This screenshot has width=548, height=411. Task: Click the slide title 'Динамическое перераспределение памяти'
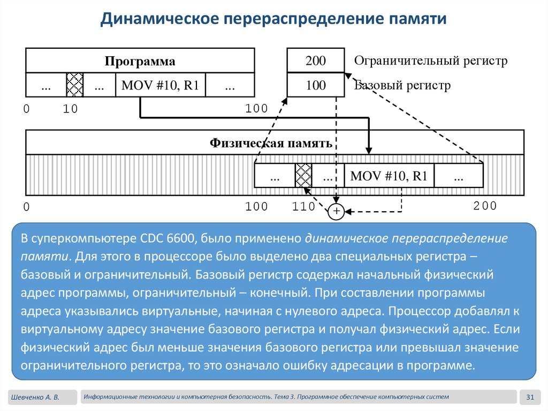(x=273, y=20)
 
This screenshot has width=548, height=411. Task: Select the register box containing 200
(x=315, y=61)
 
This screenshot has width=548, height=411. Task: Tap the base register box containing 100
(x=315, y=85)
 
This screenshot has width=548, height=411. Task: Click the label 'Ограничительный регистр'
(x=430, y=61)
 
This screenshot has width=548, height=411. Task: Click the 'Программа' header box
(x=140, y=61)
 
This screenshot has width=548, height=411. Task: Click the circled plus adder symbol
(x=336, y=212)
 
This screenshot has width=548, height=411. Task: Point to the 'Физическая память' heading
(x=271, y=143)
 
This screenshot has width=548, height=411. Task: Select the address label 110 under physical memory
(x=303, y=207)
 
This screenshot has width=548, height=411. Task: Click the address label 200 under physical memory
(x=485, y=206)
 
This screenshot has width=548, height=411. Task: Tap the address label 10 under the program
(x=70, y=109)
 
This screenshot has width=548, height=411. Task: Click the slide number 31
(x=531, y=397)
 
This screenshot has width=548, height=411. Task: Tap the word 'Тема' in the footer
(x=283, y=397)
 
